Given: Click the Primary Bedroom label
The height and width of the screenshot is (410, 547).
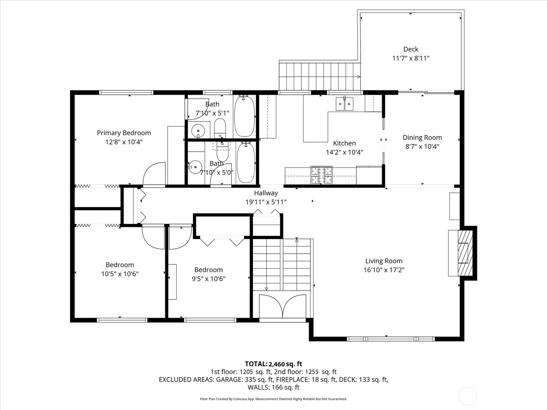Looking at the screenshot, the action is (124, 133).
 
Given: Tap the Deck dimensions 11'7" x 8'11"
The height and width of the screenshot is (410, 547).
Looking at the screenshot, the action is (411, 58).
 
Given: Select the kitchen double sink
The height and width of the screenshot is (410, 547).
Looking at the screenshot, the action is (345, 104).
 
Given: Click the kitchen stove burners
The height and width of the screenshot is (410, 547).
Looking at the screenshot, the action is (321, 175).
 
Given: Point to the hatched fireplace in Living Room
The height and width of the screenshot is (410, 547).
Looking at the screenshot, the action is (465, 253).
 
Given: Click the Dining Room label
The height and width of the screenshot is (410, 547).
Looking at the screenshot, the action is (423, 137).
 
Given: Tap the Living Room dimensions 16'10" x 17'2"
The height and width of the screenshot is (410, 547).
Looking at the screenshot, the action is (384, 270).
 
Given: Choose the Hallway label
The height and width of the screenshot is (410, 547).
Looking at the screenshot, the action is (266, 193).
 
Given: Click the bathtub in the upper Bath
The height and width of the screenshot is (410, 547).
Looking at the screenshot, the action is (245, 117).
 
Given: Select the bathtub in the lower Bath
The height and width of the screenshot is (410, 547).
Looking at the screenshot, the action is (246, 163).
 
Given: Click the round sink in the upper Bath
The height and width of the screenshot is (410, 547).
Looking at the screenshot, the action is (198, 131).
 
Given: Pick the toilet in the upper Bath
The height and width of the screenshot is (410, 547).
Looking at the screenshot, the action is (220, 128).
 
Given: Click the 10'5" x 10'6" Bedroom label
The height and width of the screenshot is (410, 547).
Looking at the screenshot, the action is (120, 264).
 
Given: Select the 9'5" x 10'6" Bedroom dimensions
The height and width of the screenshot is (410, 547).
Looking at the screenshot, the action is (209, 279).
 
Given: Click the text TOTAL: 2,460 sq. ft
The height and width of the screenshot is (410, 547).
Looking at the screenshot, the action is (273, 364).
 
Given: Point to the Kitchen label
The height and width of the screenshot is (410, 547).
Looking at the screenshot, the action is (344, 143).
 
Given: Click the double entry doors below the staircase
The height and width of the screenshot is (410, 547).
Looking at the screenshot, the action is (283, 306).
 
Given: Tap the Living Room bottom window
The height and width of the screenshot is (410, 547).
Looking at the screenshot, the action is (391, 339).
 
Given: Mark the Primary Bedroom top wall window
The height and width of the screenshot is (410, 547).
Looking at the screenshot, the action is (126, 93).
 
